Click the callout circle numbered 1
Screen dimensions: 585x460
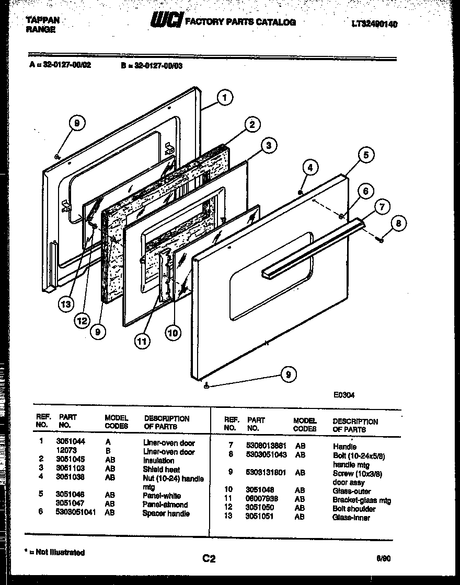pos(224,98)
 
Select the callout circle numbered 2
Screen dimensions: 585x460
pos(252,124)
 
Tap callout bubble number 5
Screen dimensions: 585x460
pos(366,155)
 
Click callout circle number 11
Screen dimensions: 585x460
pos(142,341)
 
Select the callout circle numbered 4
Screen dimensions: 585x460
pos(310,168)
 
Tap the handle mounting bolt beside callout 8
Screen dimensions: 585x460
pos(380,239)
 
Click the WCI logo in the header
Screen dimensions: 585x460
pos(166,21)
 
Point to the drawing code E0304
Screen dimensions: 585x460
pos(344,395)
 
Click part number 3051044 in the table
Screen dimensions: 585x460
pos(70,441)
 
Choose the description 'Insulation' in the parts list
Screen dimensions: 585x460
pos(158,461)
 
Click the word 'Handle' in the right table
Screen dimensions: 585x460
pos(344,447)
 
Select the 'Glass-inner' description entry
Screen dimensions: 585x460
pos(351,518)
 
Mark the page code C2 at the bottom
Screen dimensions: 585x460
pos(209,559)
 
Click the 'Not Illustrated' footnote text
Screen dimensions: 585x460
pos(57,552)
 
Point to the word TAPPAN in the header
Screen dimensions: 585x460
pos(42,20)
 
